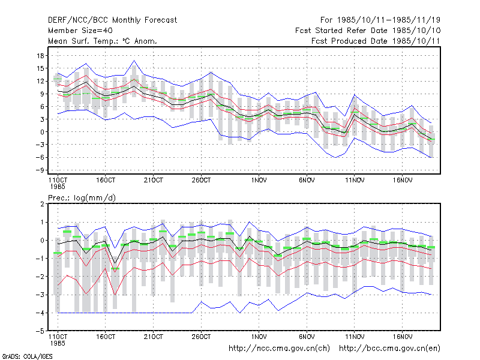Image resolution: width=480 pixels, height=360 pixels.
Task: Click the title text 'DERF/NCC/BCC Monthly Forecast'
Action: click(112, 20)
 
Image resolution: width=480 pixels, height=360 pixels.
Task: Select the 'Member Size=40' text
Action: click(80, 31)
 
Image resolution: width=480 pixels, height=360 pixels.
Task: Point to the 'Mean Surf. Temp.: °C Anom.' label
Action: click(103, 41)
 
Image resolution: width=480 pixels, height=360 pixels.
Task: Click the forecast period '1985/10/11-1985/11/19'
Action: click(388, 20)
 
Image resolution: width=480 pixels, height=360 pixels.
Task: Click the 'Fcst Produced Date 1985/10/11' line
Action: click(376, 41)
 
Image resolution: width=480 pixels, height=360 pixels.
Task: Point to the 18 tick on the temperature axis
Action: click(41, 56)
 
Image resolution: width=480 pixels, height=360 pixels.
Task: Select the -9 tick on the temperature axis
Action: click(40, 170)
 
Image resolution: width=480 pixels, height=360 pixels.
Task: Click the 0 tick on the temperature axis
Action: click(42, 132)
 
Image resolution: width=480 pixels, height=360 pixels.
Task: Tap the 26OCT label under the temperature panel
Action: click(201, 181)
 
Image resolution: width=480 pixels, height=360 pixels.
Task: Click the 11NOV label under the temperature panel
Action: click(355, 181)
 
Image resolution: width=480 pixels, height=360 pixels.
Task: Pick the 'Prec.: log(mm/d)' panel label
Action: click(82, 198)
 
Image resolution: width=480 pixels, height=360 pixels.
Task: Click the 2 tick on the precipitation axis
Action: click(42, 204)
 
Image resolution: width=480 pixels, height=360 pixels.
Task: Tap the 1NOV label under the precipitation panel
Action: click(259, 337)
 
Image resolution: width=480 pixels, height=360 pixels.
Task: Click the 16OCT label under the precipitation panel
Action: click(106, 337)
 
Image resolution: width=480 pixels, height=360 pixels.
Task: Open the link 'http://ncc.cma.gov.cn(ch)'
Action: click(279, 349)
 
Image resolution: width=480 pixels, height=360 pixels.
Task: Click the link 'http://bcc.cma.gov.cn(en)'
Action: click(389, 349)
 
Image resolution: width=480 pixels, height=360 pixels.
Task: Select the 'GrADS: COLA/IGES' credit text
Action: click(27, 356)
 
